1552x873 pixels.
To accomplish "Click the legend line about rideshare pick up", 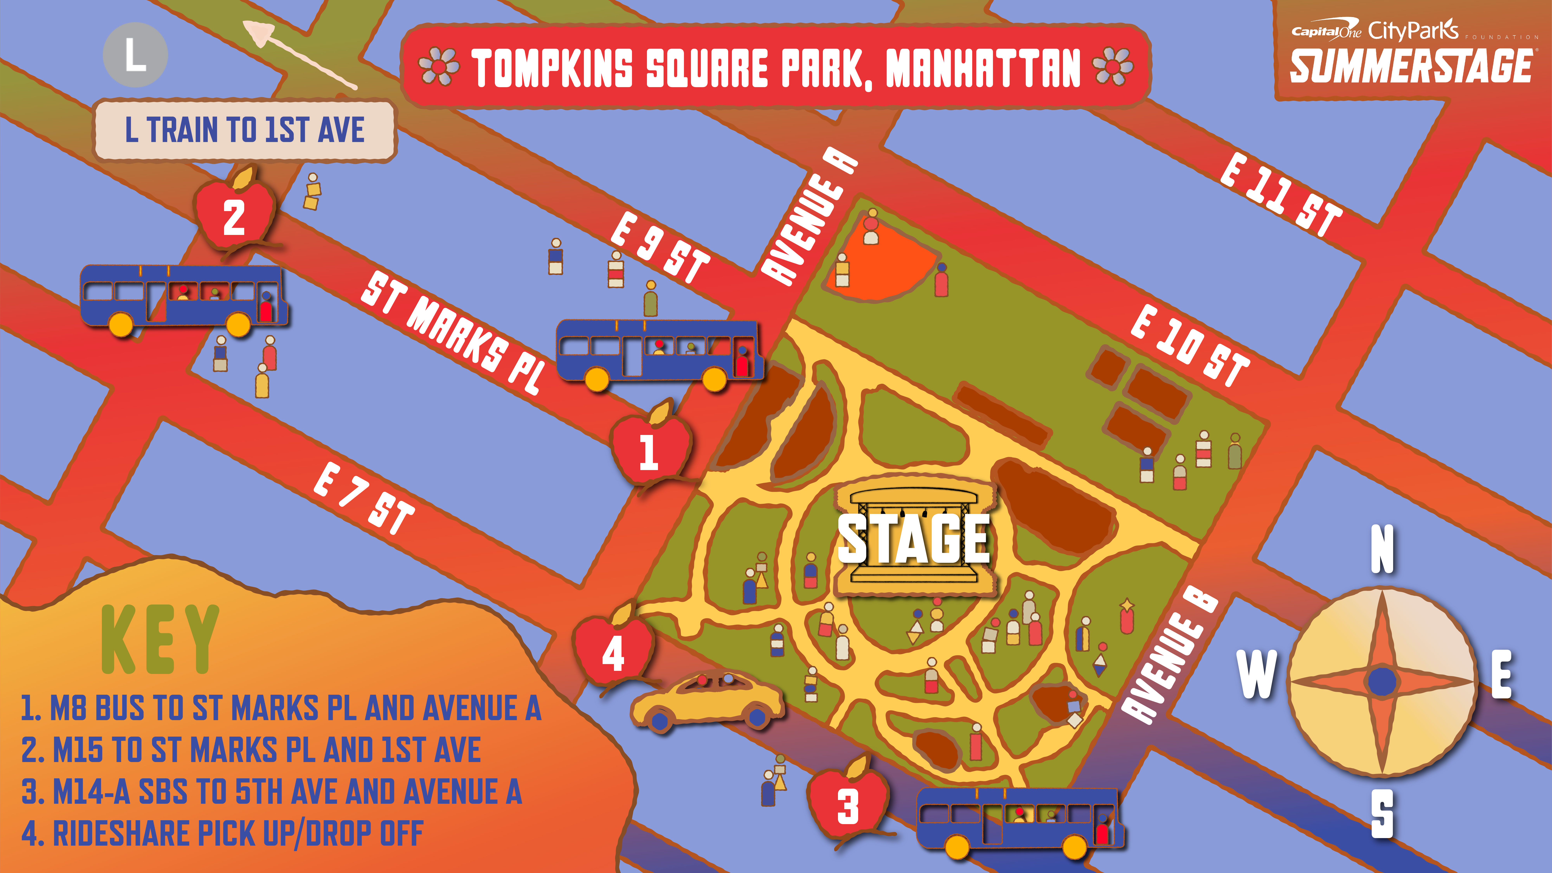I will [x=223, y=833].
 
